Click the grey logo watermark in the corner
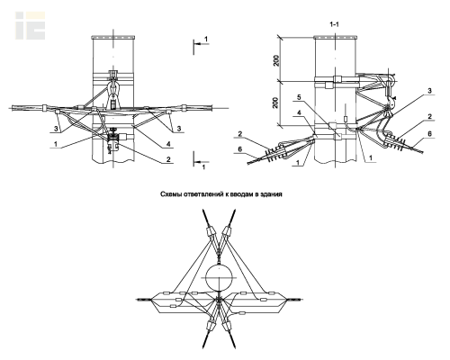click(x=31, y=25)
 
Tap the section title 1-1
click(x=334, y=24)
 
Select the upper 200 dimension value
click(x=276, y=60)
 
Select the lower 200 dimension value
click(x=276, y=103)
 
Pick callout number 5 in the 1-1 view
click(x=299, y=97)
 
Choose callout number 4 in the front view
click(x=168, y=144)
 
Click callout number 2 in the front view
click(x=168, y=159)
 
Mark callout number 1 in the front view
click(x=56, y=144)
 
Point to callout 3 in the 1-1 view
click(x=429, y=91)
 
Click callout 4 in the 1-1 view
click(x=299, y=112)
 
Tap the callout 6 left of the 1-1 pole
click(x=239, y=149)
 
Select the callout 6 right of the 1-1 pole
click(x=429, y=133)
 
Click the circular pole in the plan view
click(x=220, y=277)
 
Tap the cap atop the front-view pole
click(x=113, y=38)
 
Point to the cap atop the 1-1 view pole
click(x=335, y=38)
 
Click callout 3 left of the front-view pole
click(x=56, y=129)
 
